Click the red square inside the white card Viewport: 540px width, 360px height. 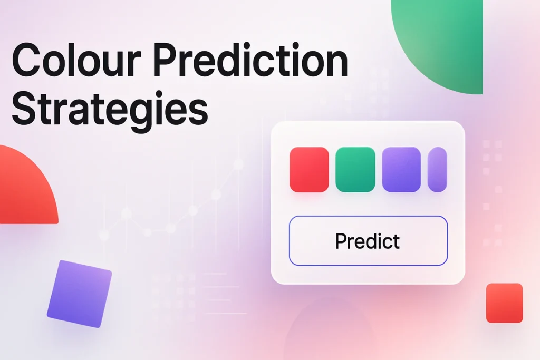pos(309,169)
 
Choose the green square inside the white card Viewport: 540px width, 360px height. pos(355,169)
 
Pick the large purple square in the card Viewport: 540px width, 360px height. pos(401,169)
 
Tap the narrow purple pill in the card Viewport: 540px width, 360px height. pos(437,169)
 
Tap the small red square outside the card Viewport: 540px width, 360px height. pos(504,303)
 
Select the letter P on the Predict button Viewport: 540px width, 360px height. pos(341,241)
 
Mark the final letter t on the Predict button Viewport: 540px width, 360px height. pos(396,241)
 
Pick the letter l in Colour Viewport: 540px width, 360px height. pos(87,61)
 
